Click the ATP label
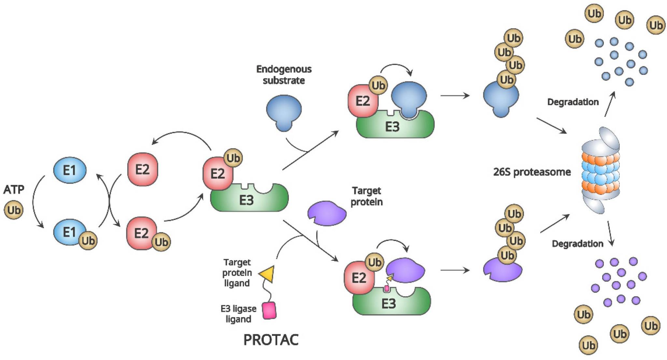coord(14,189)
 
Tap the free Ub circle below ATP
coord(14,210)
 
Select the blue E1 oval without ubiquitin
coord(69,170)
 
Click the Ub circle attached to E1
coord(88,241)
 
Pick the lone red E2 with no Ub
coord(142,170)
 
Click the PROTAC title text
coord(271,340)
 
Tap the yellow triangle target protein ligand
coord(267,274)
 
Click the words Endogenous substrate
coord(284,75)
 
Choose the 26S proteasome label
coord(532,172)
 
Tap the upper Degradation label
coord(573,102)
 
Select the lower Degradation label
coord(577,243)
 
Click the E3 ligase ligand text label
coord(238,313)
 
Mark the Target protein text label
coord(366,196)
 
